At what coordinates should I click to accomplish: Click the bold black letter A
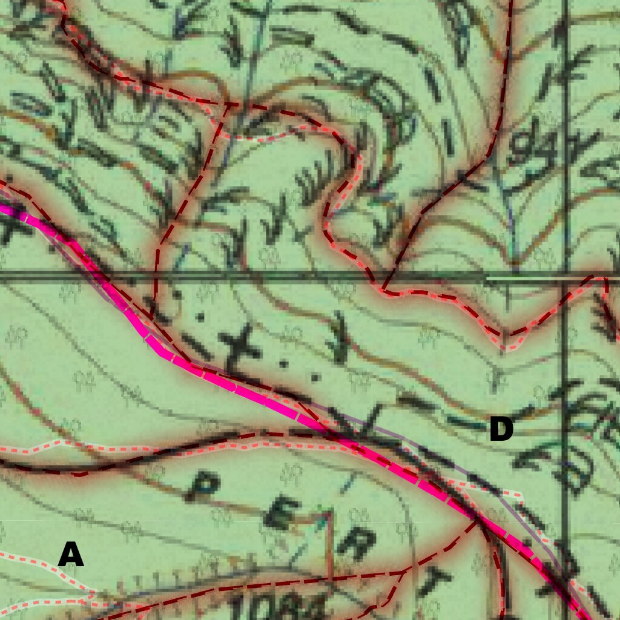(x=70, y=555)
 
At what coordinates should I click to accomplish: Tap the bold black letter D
(x=501, y=430)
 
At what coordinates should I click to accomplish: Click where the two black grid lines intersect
(x=565, y=278)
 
